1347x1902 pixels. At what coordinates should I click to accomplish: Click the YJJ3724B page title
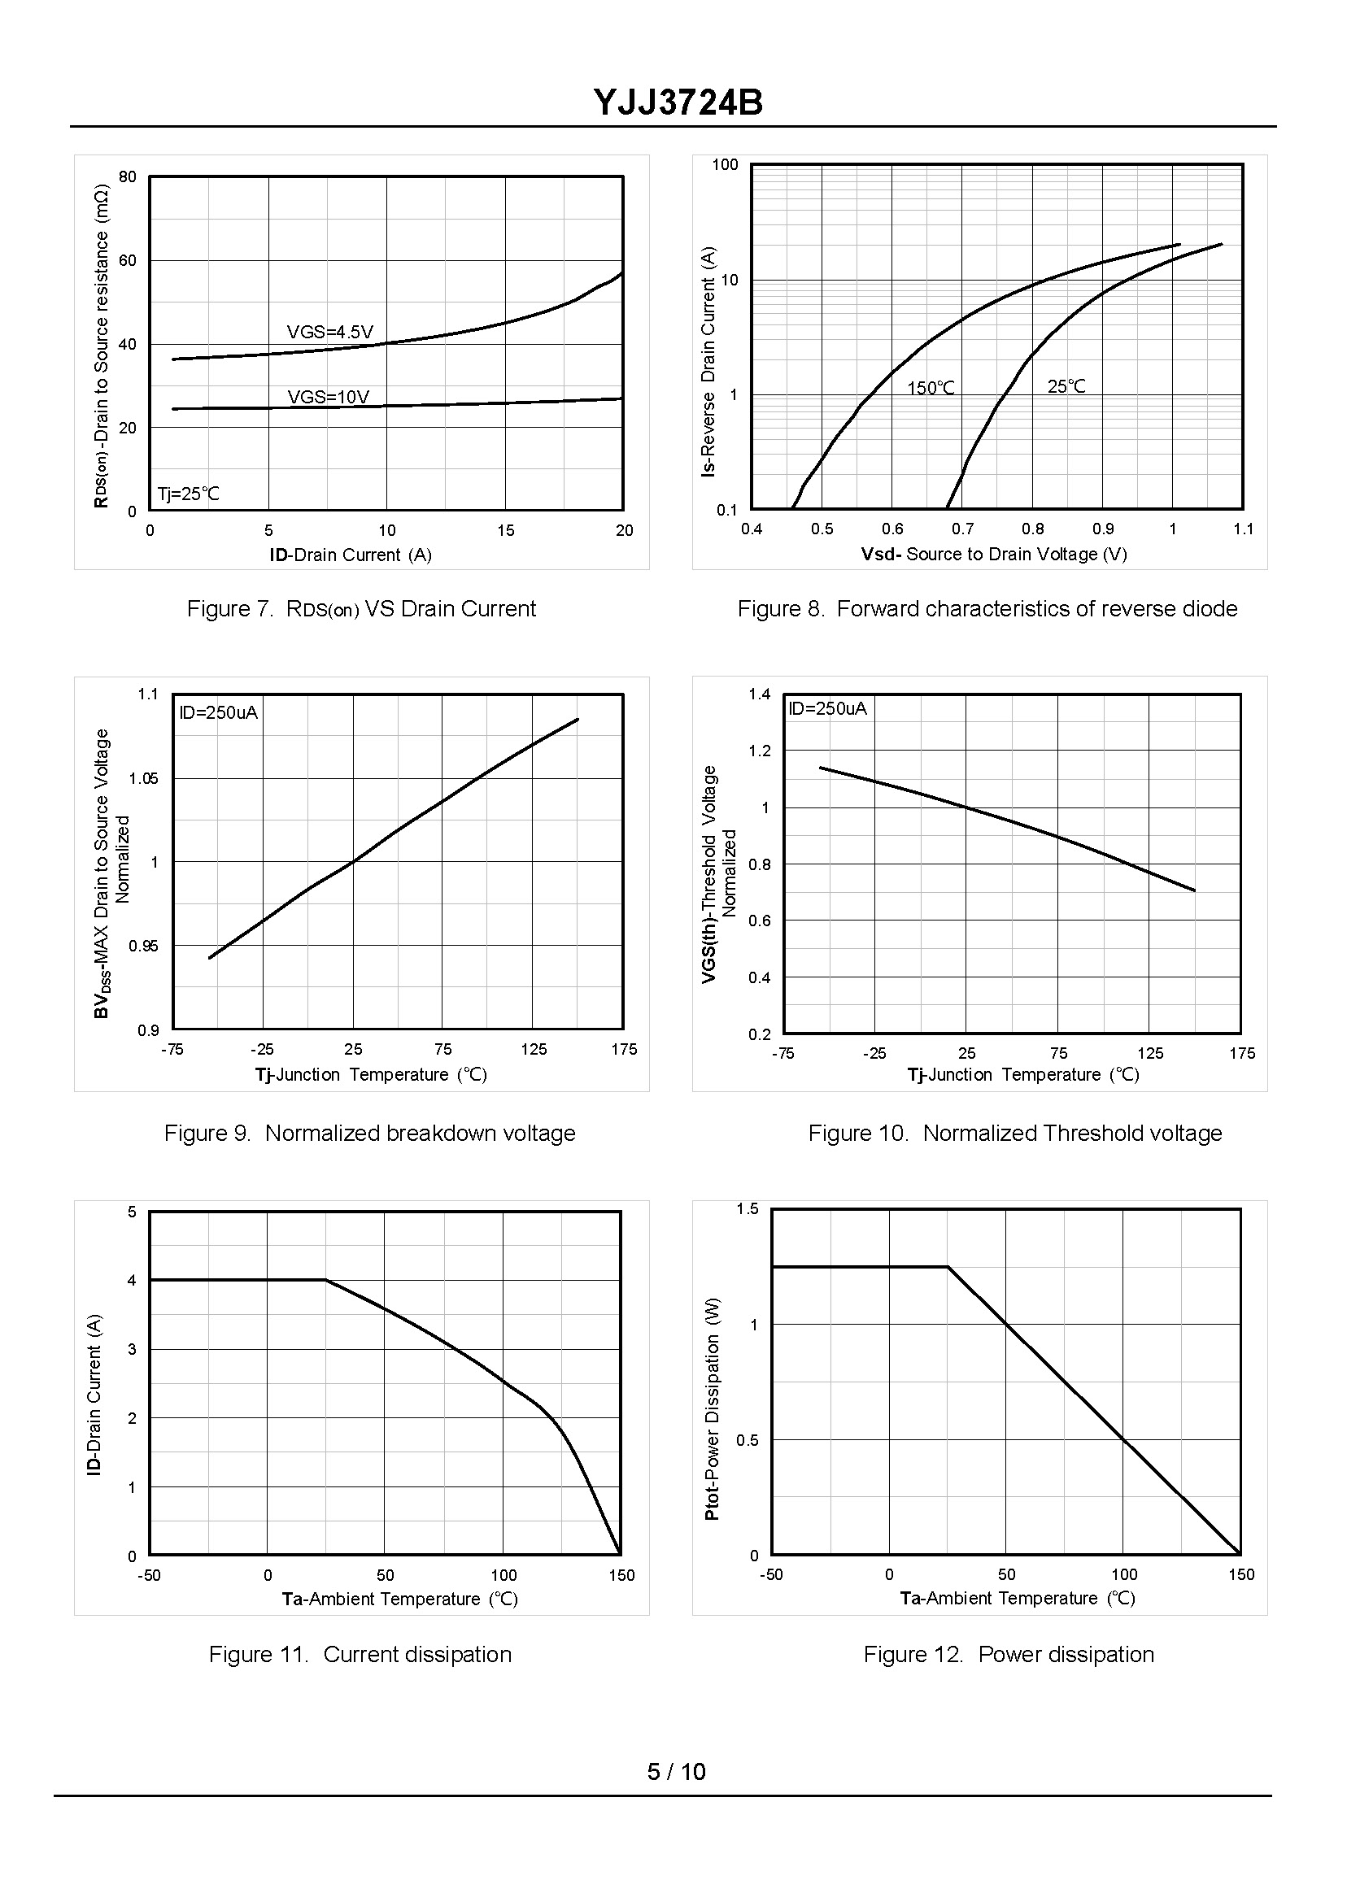pyautogui.click(x=678, y=103)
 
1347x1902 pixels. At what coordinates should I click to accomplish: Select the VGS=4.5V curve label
pyautogui.click(x=330, y=333)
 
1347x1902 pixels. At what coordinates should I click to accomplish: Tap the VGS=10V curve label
pyautogui.click(x=329, y=397)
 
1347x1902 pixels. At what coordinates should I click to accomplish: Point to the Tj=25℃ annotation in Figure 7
pyautogui.click(x=189, y=494)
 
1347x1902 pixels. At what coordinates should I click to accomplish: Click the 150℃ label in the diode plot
pyautogui.click(x=931, y=388)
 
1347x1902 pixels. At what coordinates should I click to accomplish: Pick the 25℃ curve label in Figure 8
pyautogui.click(x=1066, y=386)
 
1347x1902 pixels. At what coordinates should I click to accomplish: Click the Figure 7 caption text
pyautogui.click(x=361, y=609)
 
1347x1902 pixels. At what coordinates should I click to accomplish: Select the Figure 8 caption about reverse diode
pyautogui.click(x=987, y=609)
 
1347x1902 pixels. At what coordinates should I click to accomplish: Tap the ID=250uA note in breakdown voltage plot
pyautogui.click(x=219, y=712)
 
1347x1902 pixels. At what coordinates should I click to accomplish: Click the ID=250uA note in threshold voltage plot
pyautogui.click(x=827, y=708)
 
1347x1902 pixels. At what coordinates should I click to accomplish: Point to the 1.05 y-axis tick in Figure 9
pyautogui.click(x=143, y=778)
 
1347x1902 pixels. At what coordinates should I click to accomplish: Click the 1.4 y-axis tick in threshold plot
pyautogui.click(x=760, y=694)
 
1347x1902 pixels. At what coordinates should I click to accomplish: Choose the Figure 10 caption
pyautogui.click(x=1015, y=1134)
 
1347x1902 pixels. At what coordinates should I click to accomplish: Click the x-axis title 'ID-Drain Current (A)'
pyautogui.click(x=351, y=555)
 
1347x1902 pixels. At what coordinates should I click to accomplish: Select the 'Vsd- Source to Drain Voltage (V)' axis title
pyautogui.click(x=994, y=554)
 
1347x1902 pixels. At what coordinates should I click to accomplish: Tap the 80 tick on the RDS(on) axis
pyautogui.click(x=128, y=176)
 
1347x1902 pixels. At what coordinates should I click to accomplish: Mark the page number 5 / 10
pyautogui.click(x=676, y=1772)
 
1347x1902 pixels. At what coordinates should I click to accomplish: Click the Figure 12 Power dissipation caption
pyautogui.click(x=1009, y=1654)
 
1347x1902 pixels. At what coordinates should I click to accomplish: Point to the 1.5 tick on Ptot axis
pyautogui.click(x=748, y=1209)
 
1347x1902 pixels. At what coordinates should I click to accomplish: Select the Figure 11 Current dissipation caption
pyautogui.click(x=360, y=1654)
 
